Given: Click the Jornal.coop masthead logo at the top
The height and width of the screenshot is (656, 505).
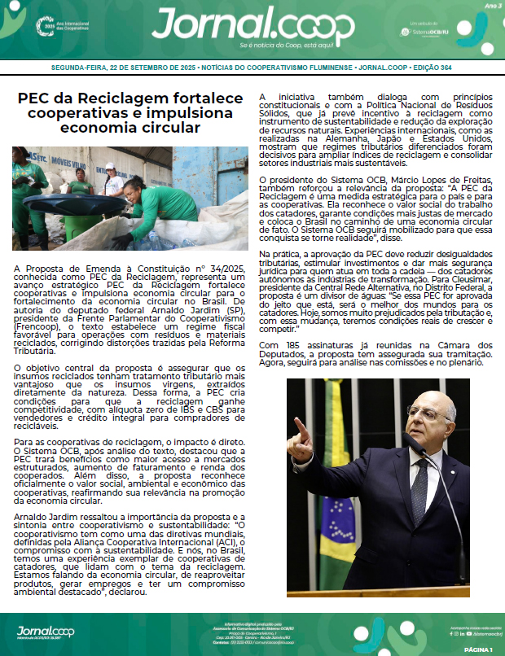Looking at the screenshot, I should coord(253,27).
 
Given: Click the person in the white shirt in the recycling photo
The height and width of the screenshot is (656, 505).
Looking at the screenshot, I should coord(114,182).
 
